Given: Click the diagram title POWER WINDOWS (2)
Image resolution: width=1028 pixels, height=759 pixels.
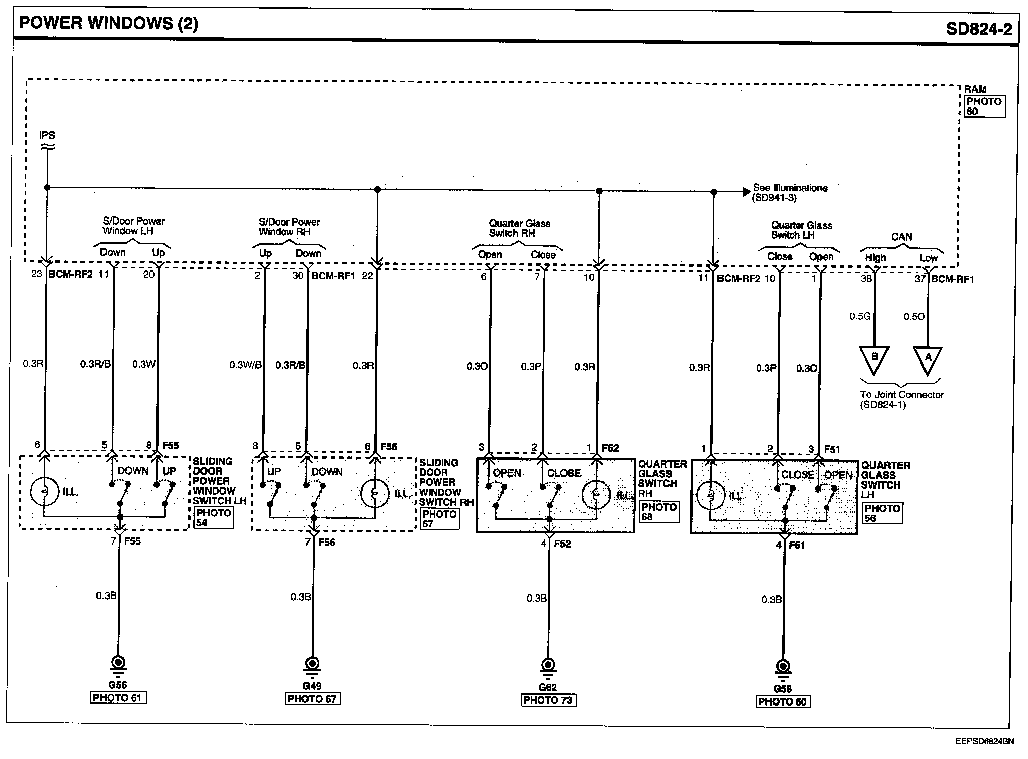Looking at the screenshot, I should coord(109,24).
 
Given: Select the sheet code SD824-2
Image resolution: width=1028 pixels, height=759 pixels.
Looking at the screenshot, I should coord(979,29).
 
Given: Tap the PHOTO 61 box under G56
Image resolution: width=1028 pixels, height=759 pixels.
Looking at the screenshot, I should coord(118,698).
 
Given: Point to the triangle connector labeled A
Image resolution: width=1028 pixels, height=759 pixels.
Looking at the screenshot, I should coord(928,360).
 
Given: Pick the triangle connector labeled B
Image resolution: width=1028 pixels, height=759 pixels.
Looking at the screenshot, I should coord(875,359).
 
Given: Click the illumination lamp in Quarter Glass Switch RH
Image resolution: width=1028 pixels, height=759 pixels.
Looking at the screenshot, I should coord(596,495).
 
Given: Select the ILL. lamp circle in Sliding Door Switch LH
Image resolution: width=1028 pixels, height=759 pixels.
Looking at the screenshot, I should coord(45,491).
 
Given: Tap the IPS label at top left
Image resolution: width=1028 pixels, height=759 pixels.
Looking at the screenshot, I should coord(47,135).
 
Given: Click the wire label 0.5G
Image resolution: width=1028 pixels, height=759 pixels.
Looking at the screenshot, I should coord(860,316).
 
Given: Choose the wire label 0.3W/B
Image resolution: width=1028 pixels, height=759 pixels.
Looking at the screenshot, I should coord(245,365).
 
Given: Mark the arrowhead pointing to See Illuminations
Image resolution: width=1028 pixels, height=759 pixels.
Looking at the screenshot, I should coord(746,192).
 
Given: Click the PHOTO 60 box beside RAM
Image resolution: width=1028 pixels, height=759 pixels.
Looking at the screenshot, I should coord(984,106).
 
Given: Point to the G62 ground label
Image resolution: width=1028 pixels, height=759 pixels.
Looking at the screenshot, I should coord(547,687).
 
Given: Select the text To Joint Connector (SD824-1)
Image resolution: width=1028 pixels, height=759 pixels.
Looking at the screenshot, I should coord(901,399).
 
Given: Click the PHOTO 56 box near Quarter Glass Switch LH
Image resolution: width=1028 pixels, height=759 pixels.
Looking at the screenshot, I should coord(882,513).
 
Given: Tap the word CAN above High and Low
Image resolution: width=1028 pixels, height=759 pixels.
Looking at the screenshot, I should coord(901,237).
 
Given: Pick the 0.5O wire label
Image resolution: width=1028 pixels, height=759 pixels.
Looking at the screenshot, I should coord(914,316).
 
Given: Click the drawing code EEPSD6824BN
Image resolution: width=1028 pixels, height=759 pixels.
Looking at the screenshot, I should coord(984,741).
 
